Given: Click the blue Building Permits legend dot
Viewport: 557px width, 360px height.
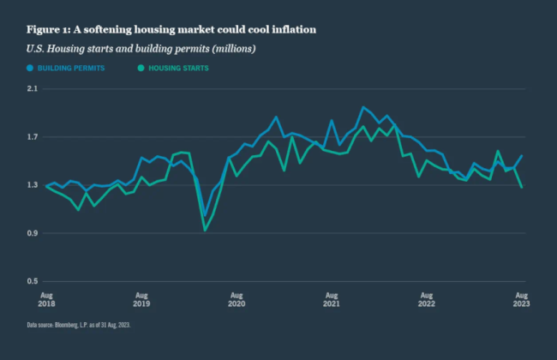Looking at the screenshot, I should pos(30,67).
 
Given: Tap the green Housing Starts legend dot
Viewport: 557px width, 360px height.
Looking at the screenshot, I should pos(141,67).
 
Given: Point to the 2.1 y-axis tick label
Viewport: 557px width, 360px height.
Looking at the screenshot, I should pos(33,88).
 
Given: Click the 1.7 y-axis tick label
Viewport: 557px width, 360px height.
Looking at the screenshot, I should pos(33,137).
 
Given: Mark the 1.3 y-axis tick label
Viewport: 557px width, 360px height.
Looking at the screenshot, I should pos(33,185).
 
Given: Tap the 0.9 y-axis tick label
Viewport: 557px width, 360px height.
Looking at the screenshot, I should pos(33,233).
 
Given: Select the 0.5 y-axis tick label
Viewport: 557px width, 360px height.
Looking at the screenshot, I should pos(33,281).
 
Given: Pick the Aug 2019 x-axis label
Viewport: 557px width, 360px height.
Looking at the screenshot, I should pos(141,297).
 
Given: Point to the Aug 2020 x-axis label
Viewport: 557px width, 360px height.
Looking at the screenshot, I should pos(237,297).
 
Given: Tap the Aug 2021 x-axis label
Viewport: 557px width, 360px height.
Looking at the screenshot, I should pos(332,297).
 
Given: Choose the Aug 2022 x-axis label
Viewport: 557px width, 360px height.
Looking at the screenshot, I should pos(427,297).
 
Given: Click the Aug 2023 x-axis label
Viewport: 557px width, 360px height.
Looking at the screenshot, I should pos(520,297).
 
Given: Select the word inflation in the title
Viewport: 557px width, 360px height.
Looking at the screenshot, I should pos(291,29).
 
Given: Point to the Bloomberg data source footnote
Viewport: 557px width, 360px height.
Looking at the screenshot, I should pos(81,325).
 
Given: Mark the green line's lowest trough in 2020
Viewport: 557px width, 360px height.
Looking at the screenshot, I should pos(205,230).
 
